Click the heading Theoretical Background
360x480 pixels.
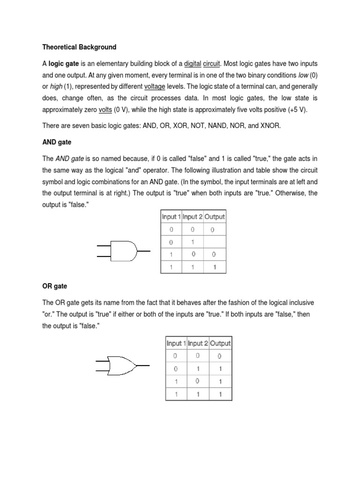coord(79,47)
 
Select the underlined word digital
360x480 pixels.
coord(192,63)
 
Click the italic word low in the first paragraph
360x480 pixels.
coord(303,75)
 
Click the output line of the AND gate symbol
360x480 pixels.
coord(144,251)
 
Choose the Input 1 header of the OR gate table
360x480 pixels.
coord(176,343)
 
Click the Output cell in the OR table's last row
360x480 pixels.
coord(220,394)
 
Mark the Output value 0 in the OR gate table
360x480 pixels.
coord(220,356)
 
